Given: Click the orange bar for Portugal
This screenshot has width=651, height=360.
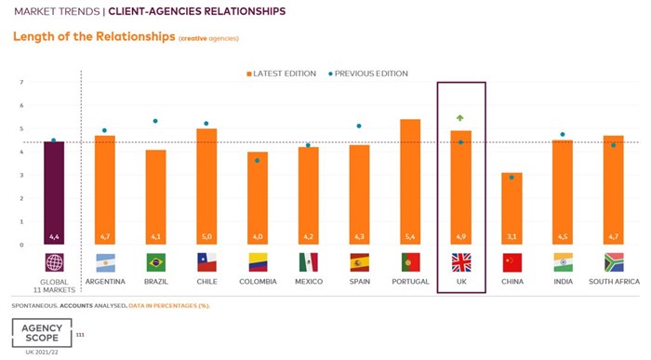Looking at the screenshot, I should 409,182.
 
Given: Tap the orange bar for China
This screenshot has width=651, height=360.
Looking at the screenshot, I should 511,208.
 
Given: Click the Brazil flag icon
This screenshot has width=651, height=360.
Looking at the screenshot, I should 155,262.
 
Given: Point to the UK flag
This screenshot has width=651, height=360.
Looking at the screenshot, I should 461,262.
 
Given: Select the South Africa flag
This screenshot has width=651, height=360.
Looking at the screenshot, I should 613,262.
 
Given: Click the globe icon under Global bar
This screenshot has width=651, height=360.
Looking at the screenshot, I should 54,262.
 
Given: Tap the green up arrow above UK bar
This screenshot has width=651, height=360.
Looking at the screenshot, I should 460,118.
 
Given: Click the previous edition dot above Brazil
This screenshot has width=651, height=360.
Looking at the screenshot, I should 155,121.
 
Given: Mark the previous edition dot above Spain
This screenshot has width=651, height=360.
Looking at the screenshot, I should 359,126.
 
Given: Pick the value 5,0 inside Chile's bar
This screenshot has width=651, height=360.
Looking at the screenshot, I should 206,237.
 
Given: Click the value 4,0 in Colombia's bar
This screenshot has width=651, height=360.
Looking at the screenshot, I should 257,237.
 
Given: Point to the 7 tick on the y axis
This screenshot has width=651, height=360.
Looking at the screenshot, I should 21,83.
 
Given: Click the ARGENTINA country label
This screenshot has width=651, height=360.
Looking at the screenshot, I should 105,281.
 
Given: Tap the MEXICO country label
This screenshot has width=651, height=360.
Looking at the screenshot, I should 308,281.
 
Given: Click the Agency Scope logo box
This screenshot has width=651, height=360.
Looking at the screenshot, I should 42,333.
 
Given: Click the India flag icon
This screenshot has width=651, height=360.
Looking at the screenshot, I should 563,262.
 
